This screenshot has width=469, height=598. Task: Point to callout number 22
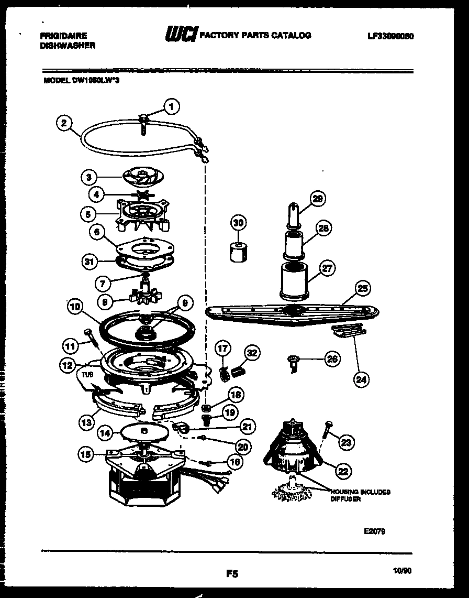click(x=342, y=471)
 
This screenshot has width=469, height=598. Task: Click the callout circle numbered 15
click(x=88, y=453)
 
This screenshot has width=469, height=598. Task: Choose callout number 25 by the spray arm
click(x=362, y=288)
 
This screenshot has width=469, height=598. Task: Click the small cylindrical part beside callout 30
click(x=238, y=251)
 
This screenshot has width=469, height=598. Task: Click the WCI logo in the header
click(x=180, y=35)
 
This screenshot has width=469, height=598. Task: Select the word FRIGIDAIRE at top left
click(x=63, y=36)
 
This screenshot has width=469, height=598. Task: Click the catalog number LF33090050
click(x=390, y=36)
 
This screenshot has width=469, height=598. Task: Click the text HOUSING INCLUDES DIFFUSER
click(x=360, y=495)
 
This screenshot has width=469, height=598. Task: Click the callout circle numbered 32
click(x=252, y=353)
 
